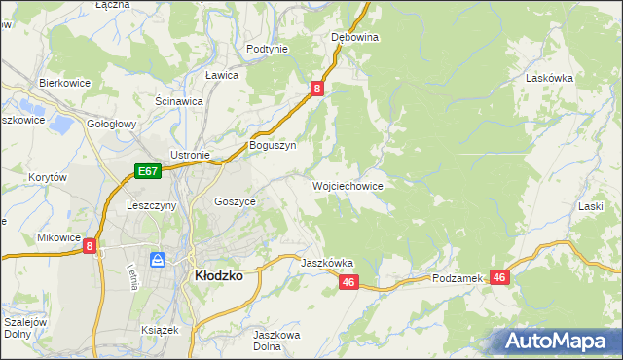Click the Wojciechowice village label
(347, 185)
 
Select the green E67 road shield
(147, 172)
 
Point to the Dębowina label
(354, 37)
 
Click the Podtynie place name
(267, 49)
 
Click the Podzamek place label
(458, 278)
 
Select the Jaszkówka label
(326, 263)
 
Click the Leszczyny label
(151, 206)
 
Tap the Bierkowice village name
(64, 83)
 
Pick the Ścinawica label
(178, 100)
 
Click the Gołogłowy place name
(111, 125)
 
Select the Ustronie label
(190, 155)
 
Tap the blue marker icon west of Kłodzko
(157, 260)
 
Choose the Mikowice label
(58, 236)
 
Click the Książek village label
(160, 330)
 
